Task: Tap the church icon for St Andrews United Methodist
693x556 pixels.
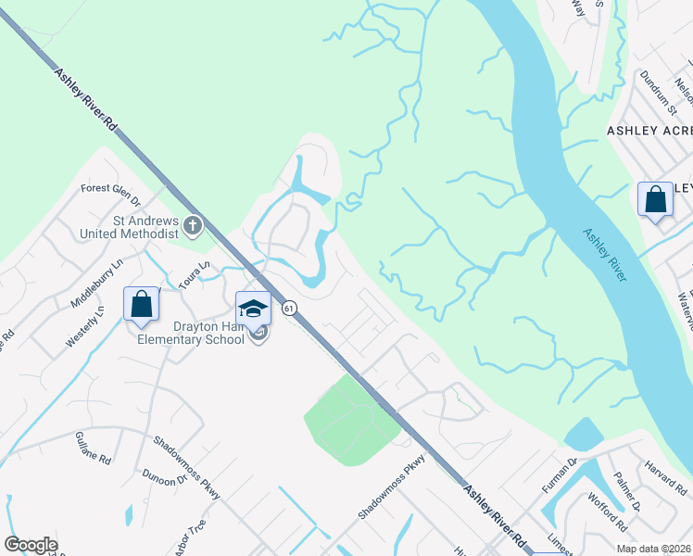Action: point(193,224)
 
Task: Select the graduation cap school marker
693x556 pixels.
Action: point(253,309)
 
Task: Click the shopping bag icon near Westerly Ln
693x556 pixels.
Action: point(142,304)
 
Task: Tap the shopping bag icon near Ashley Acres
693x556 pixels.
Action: point(655,200)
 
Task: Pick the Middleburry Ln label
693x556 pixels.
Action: point(96,284)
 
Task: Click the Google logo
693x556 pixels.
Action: point(31,545)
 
